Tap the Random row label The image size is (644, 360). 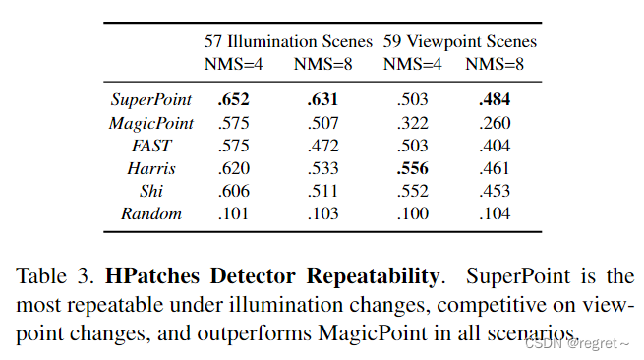[x=150, y=212]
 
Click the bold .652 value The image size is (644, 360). [x=232, y=100]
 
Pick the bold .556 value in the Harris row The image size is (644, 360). [x=413, y=169]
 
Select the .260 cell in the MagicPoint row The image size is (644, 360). [x=495, y=123]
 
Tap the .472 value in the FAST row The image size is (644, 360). [x=322, y=147]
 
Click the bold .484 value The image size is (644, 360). [x=495, y=100]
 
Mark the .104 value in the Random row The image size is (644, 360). [x=495, y=212]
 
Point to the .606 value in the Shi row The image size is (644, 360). [x=232, y=191]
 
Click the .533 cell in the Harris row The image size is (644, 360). [x=322, y=169]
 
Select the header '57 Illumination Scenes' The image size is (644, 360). [x=288, y=42]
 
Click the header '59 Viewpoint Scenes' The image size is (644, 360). [x=460, y=42]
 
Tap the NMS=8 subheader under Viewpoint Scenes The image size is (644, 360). [x=496, y=65]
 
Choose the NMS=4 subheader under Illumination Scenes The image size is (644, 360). [x=234, y=65]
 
